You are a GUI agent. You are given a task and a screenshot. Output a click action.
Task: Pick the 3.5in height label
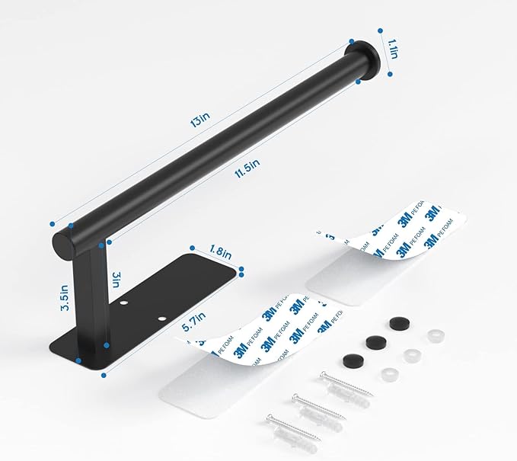[67, 296]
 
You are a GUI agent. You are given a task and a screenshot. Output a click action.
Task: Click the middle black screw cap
[373, 341]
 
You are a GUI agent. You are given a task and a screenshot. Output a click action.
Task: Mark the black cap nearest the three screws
[352, 359]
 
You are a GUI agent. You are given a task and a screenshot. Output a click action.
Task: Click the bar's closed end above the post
[64, 242]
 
